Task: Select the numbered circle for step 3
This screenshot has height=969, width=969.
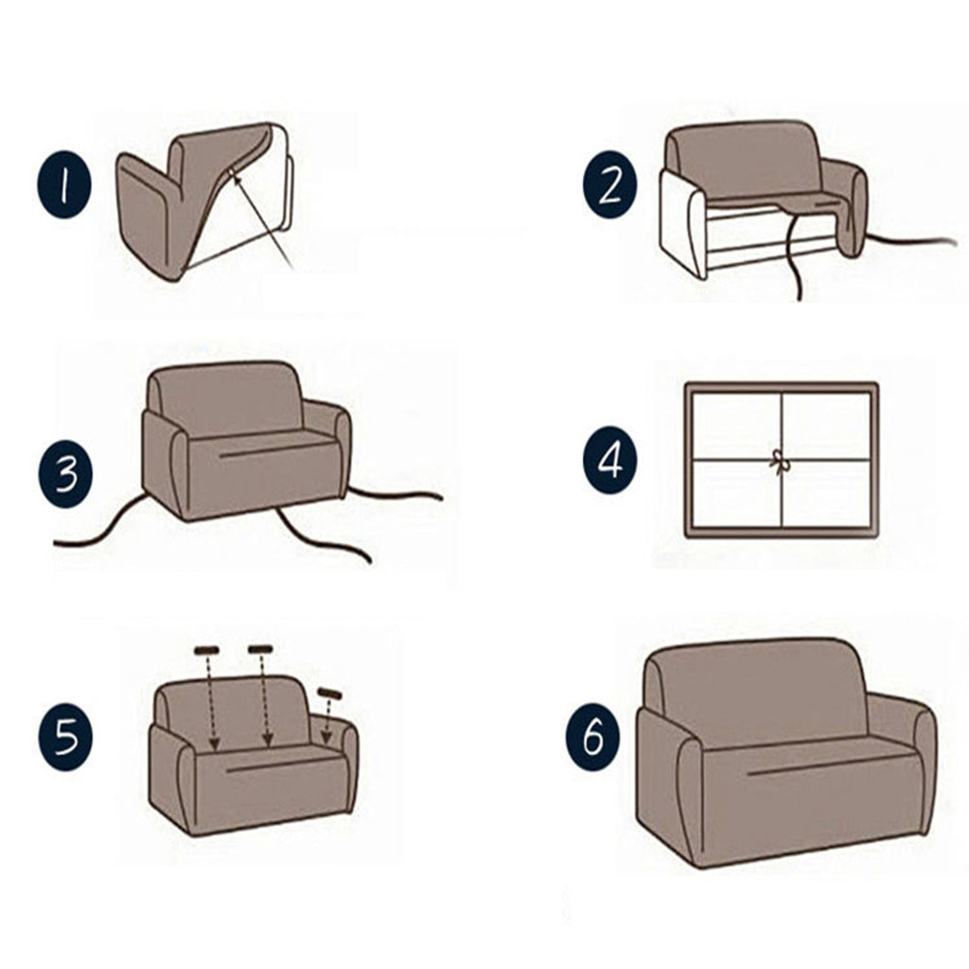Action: point(65,476)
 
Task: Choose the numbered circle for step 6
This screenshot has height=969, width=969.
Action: point(593,739)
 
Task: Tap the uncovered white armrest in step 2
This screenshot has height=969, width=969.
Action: point(683,223)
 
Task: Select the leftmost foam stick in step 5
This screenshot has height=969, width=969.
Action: point(207,650)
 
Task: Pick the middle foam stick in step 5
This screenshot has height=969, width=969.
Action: point(260,648)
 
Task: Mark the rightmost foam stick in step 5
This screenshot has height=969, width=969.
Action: point(330,694)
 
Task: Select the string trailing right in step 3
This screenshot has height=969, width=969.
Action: point(393,492)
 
